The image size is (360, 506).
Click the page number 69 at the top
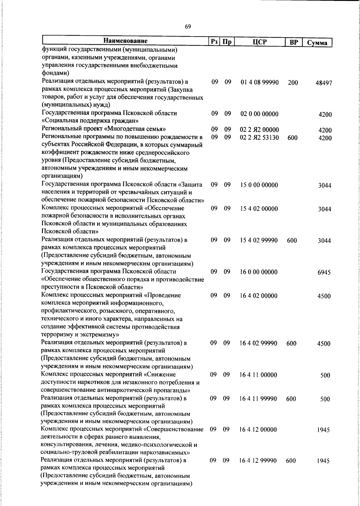click(x=188, y=27)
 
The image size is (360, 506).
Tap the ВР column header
click(x=294, y=42)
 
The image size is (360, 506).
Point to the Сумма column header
click(x=317, y=43)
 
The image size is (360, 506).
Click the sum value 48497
click(x=323, y=83)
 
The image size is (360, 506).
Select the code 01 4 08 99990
click(x=260, y=82)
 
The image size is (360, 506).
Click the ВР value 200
click(x=293, y=83)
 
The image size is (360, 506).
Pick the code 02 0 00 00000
click(x=259, y=114)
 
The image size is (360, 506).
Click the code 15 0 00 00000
click(x=259, y=185)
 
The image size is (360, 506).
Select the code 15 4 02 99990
click(x=259, y=240)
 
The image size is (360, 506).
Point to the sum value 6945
click(x=324, y=272)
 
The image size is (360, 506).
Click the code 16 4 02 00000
click(x=259, y=296)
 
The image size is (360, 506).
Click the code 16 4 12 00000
click(x=258, y=430)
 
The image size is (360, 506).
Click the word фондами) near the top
click(x=56, y=73)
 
